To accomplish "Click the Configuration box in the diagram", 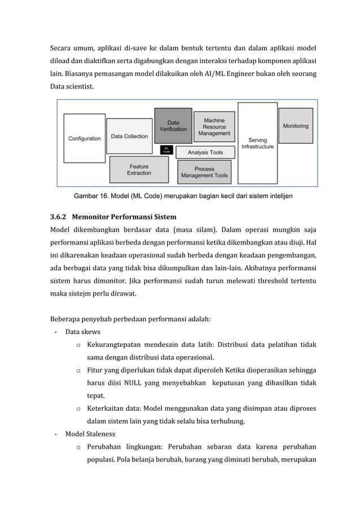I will (x=85, y=138).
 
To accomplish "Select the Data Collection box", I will (x=129, y=136).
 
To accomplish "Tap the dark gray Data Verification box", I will (x=173, y=125).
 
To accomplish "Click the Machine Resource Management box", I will (x=214, y=126).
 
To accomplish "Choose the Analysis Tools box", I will (x=205, y=152).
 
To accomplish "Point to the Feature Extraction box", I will (x=139, y=169).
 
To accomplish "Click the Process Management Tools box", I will (x=204, y=172).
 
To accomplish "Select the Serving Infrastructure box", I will (x=257, y=143).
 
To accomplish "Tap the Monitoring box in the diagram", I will (x=295, y=126).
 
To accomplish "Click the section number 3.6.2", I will (x=58, y=217).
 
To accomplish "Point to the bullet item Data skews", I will (x=82, y=332).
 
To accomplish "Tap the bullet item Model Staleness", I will (x=90, y=434).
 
